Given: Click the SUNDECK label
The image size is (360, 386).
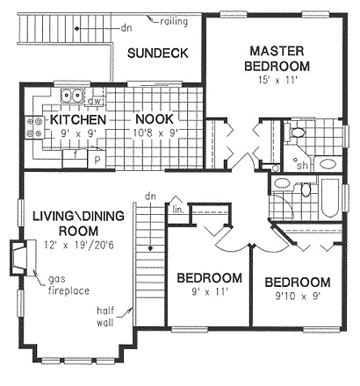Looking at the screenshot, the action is point(158,54).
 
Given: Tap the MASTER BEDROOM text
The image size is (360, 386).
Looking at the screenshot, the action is point(277,59).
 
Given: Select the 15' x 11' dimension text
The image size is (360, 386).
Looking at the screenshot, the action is point(277,80).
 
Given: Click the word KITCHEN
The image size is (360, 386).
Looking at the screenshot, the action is point(78,119).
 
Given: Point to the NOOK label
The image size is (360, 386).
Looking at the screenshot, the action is point(155,119).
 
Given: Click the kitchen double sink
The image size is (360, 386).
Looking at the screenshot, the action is point(72,96).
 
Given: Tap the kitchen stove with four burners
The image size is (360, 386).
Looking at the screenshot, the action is point(34,127).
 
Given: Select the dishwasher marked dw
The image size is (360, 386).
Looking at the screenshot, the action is point(95,102).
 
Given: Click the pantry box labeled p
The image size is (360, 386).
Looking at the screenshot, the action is point(97,159).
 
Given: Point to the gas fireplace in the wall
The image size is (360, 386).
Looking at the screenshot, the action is point(19,257).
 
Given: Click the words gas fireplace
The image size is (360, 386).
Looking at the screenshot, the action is point(68,285).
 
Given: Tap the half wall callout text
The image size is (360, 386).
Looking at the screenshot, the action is point(105,316).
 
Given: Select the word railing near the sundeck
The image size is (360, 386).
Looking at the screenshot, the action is point(174,22).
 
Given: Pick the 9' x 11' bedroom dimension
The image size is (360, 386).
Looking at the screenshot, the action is point(210,291).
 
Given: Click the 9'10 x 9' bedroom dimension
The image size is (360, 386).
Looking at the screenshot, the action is point(297,297).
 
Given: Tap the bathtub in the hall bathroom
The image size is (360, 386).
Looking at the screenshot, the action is point(330,198).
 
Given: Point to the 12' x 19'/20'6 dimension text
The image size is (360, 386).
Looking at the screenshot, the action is point(79,245).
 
